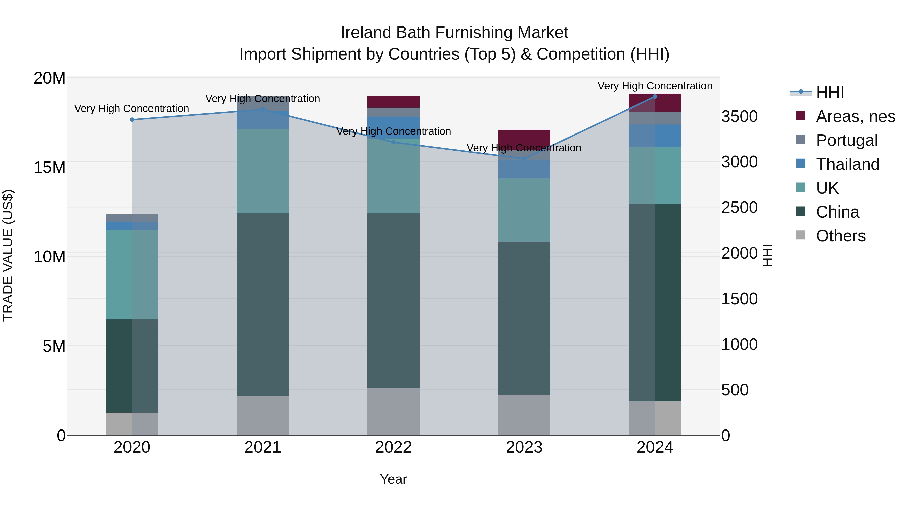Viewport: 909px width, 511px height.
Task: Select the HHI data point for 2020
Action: (x=132, y=120)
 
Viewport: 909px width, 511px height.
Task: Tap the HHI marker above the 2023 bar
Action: (x=524, y=159)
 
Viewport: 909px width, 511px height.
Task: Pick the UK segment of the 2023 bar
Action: (x=524, y=210)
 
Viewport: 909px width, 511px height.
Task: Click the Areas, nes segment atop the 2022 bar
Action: (x=393, y=101)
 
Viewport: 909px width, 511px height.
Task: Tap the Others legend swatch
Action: (x=801, y=235)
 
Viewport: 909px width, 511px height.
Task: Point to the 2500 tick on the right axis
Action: (x=739, y=207)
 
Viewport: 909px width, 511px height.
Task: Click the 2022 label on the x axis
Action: (x=393, y=447)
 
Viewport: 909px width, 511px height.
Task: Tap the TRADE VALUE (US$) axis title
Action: (x=8, y=255)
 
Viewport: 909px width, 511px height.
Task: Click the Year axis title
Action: (x=393, y=479)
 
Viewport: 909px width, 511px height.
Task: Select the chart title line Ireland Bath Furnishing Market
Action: (x=454, y=33)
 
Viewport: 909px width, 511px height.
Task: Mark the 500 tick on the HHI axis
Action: (x=735, y=390)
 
